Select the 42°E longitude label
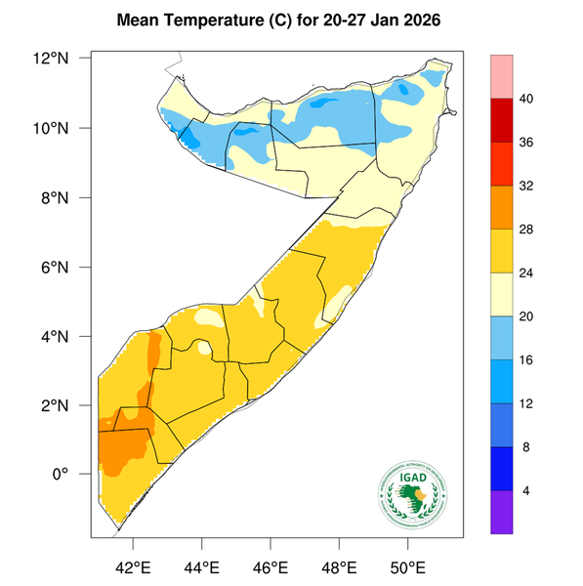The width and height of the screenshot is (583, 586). (x=133, y=565)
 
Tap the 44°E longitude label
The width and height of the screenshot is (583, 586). (x=202, y=565)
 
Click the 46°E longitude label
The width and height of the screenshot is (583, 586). (x=271, y=565)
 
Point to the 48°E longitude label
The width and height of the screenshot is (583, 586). (x=339, y=565)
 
